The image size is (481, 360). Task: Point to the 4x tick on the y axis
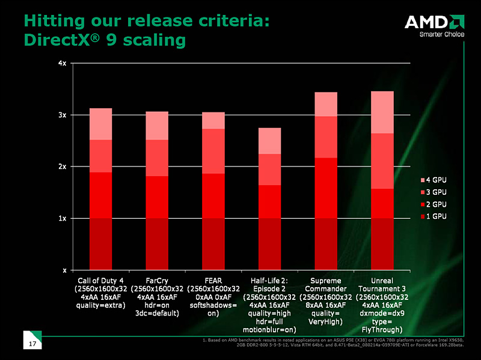point(63,63)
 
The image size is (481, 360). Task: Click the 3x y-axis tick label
point(63,115)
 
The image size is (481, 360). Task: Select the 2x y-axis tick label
point(63,166)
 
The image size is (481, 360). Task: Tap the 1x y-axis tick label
point(63,218)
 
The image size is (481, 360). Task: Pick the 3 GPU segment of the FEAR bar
point(213,151)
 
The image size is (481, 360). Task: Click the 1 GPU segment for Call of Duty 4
point(100,243)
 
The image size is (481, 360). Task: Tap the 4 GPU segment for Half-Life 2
point(269,141)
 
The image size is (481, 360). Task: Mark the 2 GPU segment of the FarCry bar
point(157,197)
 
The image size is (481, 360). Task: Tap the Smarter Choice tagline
point(442,34)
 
